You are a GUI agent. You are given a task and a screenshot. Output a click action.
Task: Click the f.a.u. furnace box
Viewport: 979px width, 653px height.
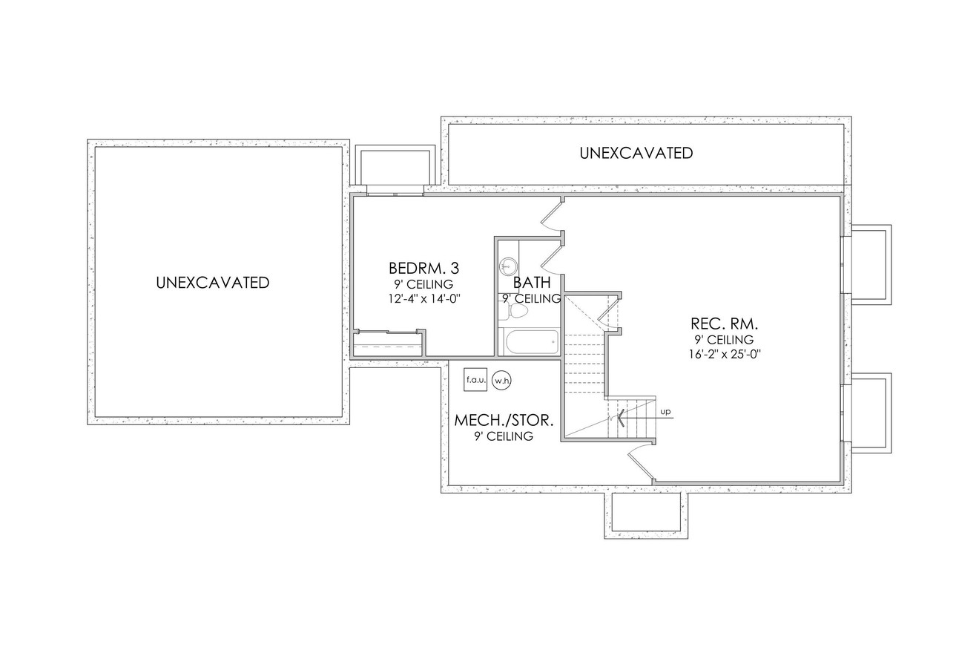(475, 380)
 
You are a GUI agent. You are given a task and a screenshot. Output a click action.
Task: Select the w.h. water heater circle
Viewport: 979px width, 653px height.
(502, 381)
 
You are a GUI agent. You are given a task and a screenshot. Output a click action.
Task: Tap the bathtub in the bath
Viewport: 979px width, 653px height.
(532, 343)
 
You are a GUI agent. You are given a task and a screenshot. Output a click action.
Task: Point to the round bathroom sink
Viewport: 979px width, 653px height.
(509, 265)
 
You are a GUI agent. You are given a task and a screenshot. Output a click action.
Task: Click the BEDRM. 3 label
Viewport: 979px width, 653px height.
(423, 268)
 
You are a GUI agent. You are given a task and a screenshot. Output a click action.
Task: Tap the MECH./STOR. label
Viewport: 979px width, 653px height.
(504, 420)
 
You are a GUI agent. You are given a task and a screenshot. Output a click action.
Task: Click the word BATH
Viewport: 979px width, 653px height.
(532, 282)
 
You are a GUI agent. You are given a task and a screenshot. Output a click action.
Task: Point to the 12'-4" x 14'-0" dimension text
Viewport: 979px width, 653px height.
(423, 299)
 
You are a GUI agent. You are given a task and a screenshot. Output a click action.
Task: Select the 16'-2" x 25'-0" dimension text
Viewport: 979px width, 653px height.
(724, 355)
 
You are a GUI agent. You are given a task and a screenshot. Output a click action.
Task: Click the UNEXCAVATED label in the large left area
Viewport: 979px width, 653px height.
(213, 283)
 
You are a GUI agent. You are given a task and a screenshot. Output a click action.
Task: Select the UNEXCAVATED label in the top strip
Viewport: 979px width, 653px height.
(636, 153)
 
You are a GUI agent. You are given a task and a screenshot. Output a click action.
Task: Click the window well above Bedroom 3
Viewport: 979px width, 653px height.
(393, 168)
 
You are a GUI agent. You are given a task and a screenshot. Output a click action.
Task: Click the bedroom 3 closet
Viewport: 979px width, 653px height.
(388, 344)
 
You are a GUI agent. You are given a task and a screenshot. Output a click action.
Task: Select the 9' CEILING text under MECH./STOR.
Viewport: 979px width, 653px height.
(504, 436)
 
